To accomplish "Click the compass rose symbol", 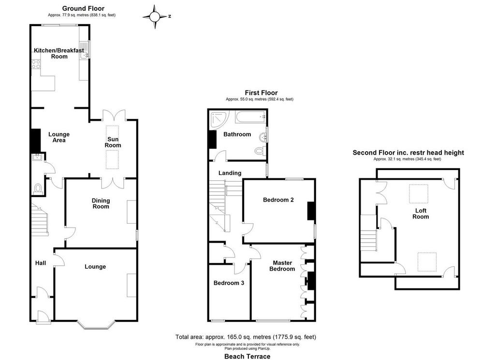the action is [x=155, y=17].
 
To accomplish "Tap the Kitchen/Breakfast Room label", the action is [x=59, y=53].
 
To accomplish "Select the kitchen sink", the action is [x=84, y=50].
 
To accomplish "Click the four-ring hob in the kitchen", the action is [x=36, y=64].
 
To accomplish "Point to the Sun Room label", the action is [x=113, y=142].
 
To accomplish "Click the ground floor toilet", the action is [x=38, y=188].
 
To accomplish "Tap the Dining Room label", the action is [x=101, y=203].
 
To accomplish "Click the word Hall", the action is [x=41, y=263].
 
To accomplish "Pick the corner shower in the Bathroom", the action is [x=218, y=119].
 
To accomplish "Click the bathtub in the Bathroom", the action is [x=250, y=117].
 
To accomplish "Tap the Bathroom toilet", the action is [x=260, y=151].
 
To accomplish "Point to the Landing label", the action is [x=230, y=173].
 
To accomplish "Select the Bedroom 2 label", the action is [x=278, y=200].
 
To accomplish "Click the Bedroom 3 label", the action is [x=229, y=283].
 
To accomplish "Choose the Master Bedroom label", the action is [x=282, y=266].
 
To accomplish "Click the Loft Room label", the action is [x=421, y=214].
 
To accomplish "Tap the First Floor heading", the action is [x=261, y=93].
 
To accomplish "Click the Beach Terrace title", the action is [x=247, y=357].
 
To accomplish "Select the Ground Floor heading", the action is [x=83, y=9].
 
